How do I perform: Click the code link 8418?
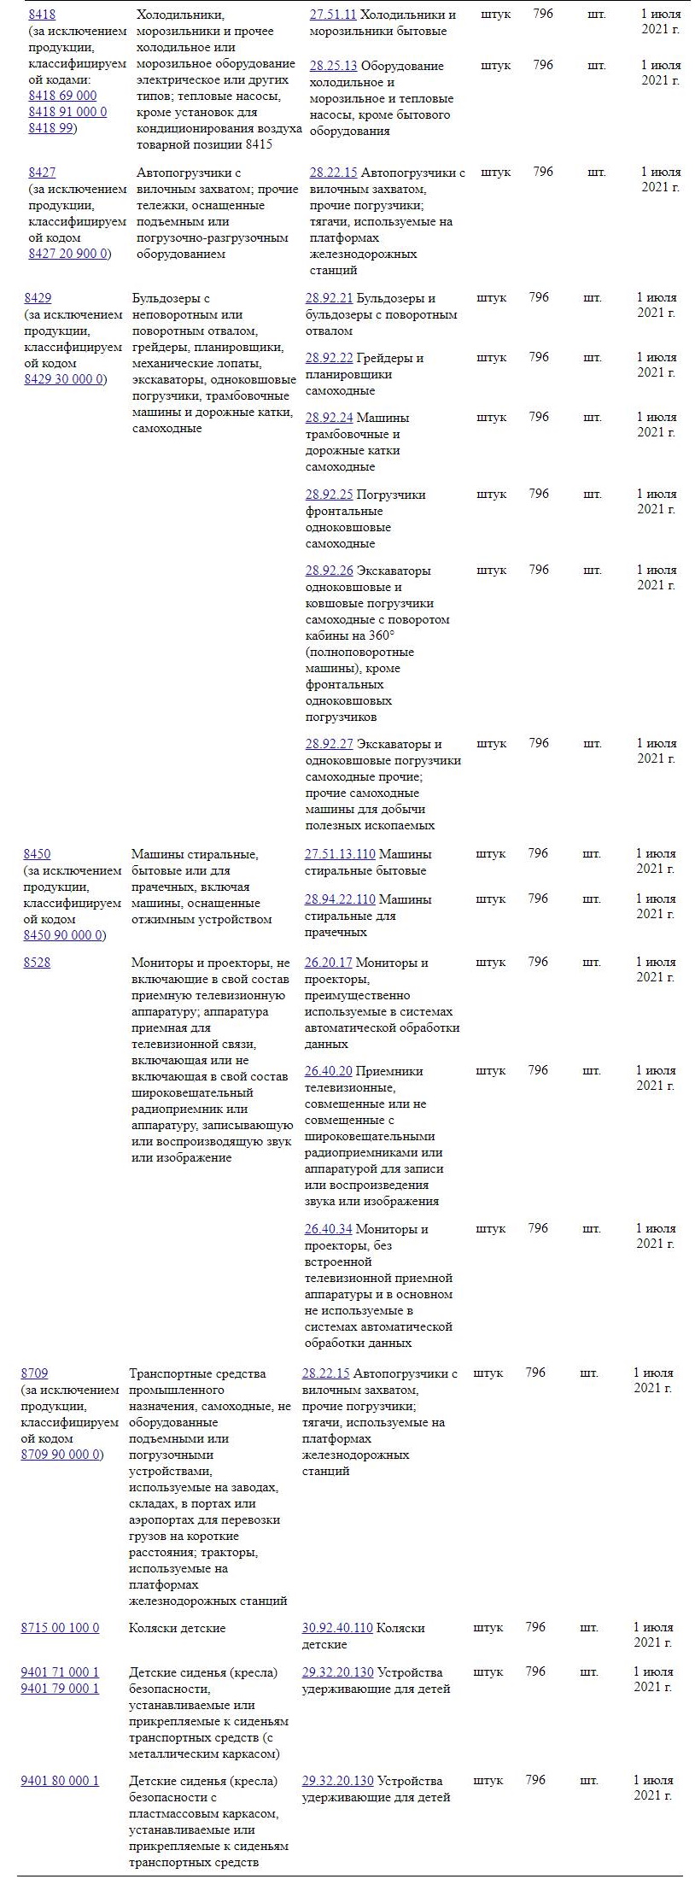tap(42, 15)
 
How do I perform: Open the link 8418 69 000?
tap(62, 96)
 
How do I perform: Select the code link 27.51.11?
tap(333, 15)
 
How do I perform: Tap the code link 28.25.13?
tap(333, 66)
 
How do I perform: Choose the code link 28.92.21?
tap(329, 298)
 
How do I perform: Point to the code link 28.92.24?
tap(329, 418)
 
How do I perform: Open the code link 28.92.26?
tap(329, 571)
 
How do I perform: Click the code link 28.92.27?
tap(329, 744)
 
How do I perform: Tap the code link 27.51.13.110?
tap(340, 854)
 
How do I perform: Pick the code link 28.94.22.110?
tap(340, 899)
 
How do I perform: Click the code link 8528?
tap(37, 963)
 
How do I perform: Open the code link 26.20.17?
tap(328, 963)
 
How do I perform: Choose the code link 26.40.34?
tap(328, 1229)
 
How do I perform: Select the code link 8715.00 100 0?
tap(60, 1628)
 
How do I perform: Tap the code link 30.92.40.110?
tap(337, 1628)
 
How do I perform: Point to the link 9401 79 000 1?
tap(60, 1689)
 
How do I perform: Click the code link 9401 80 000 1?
tap(60, 1781)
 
